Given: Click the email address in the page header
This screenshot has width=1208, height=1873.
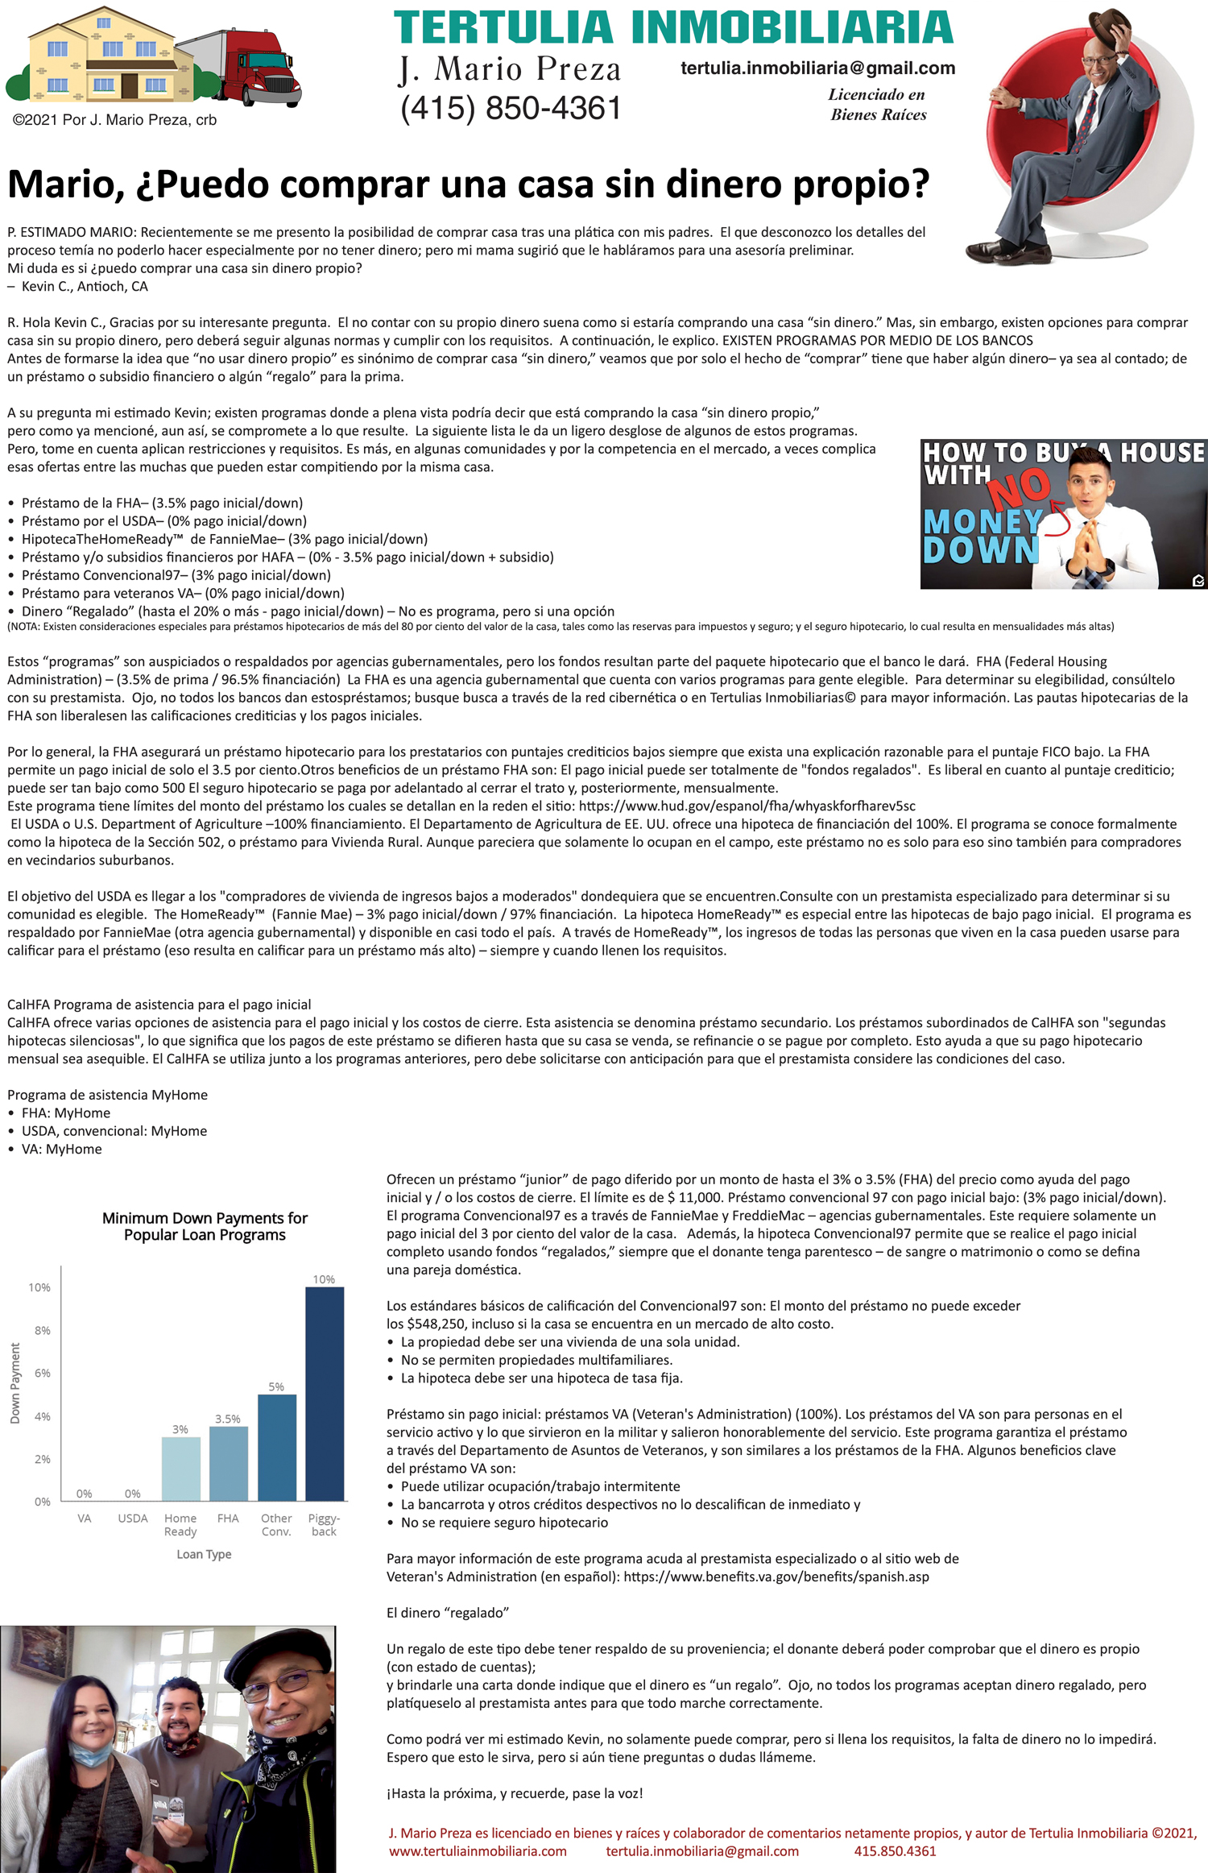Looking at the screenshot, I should [817, 68].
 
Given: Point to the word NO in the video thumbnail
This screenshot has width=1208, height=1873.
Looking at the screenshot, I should [1020, 487].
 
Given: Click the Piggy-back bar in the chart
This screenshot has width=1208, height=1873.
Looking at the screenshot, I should [325, 1393].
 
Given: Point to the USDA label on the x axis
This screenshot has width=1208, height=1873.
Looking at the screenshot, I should [133, 1518].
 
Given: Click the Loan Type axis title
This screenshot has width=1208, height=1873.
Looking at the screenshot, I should [204, 1554].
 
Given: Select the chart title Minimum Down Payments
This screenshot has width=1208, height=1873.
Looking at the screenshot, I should [205, 1226].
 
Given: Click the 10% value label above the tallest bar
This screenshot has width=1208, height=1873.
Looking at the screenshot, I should [324, 1279].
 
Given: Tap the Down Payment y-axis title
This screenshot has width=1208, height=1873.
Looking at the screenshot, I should [15, 1383].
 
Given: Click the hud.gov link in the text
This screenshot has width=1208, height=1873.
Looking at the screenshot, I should [747, 806].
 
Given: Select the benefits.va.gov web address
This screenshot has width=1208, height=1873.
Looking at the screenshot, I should [776, 1577].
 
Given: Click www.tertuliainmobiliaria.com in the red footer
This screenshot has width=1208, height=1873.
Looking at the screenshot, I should [478, 1851].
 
